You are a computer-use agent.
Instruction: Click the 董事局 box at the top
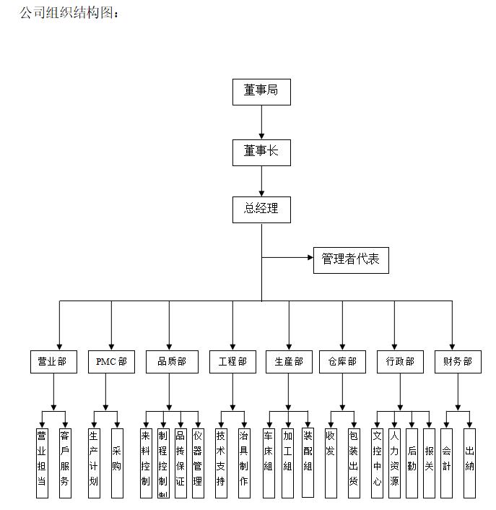pyautogui.click(x=261, y=91)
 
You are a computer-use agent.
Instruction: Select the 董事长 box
pyautogui.click(x=261, y=151)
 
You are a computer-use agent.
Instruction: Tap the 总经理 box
pyautogui.click(x=261, y=209)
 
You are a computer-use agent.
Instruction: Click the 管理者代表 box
pyautogui.click(x=351, y=259)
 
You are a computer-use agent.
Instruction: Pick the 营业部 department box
pyautogui.click(x=53, y=361)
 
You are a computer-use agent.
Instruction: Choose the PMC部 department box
pyautogui.click(x=111, y=361)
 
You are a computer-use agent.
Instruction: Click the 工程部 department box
pyautogui.click(x=232, y=361)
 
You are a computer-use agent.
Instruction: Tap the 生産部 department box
pyautogui.click(x=290, y=361)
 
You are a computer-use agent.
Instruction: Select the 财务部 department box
pyautogui.click(x=453, y=361)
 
